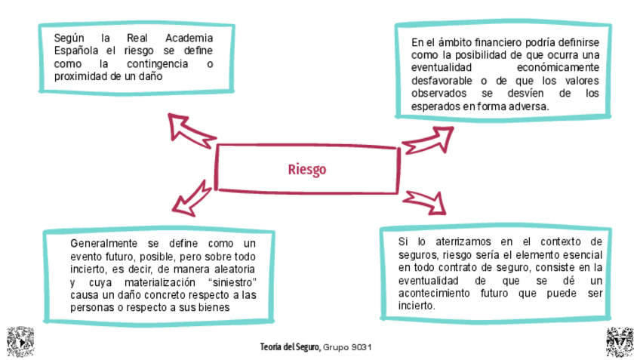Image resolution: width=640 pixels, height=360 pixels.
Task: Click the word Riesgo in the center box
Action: tap(307, 169)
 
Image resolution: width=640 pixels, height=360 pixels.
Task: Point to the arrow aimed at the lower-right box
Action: tap(424, 202)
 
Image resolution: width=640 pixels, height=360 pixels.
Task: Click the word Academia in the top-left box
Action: tap(189, 38)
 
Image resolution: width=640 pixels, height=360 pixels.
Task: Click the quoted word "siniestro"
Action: tap(231, 282)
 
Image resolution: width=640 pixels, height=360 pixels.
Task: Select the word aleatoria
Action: tap(231, 269)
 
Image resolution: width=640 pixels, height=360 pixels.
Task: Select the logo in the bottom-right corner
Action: tap(620, 342)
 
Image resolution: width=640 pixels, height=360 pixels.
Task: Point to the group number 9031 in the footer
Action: tap(358, 347)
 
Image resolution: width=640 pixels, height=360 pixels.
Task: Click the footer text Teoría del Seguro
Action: tap(291, 347)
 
